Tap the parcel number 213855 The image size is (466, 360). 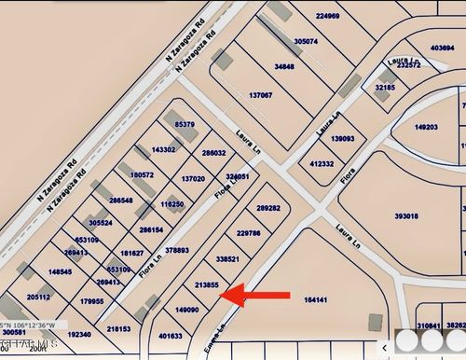coord(206,284)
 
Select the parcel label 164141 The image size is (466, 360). coord(316,299)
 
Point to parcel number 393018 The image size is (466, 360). coord(405,215)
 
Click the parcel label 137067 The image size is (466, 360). coord(261,95)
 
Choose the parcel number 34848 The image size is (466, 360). coord(284,67)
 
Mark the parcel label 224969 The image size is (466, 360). coord(328,16)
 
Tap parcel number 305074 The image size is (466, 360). coord(306,42)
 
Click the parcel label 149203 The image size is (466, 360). coord(426,127)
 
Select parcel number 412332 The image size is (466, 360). coord(322,163)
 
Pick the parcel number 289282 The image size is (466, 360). coord(268,208)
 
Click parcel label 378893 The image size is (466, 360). coord(177,250)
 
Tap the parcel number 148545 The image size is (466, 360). coord(60,272)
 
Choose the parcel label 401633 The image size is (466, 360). coord(170,336)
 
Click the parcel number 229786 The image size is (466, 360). coord(249,233)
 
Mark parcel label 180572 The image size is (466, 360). coord(142,174)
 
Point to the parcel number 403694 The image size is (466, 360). coord(442,48)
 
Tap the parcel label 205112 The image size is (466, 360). coord(39,297)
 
